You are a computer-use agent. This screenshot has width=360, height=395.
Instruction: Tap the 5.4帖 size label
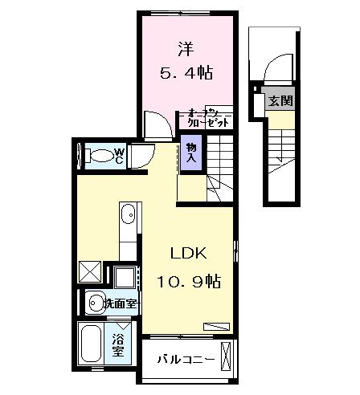click(186, 72)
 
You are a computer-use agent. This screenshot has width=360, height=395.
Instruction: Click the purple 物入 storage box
click(190, 150)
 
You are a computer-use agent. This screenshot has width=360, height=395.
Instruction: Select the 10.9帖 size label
click(190, 283)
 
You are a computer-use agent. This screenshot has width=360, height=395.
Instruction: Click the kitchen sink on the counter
click(129, 216)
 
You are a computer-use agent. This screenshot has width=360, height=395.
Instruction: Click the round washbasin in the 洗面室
click(96, 303)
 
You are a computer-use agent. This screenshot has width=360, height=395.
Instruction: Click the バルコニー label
click(185, 359)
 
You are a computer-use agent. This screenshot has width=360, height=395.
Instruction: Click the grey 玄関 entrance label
click(280, 101)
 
